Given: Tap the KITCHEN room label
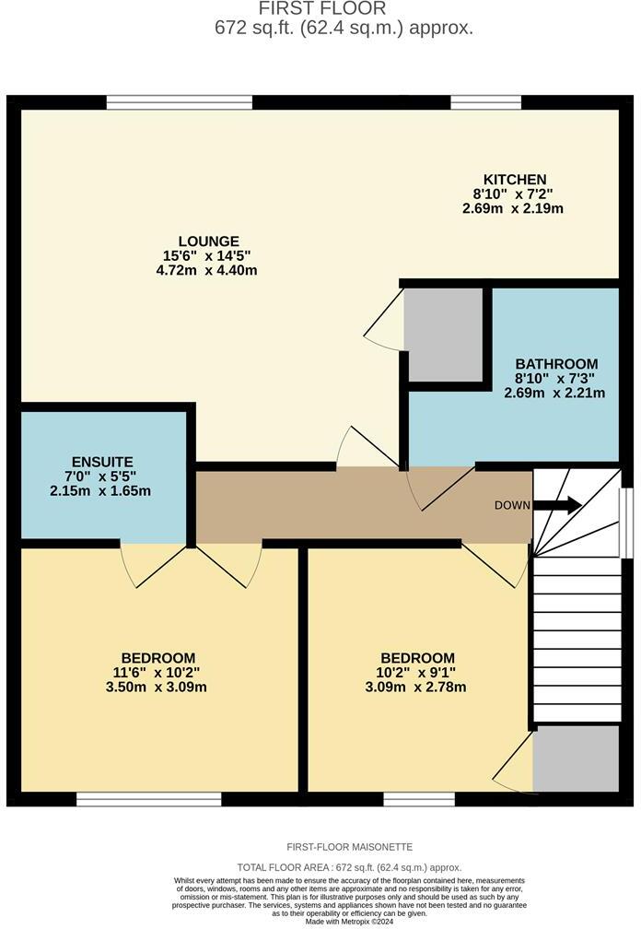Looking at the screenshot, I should (515, 179).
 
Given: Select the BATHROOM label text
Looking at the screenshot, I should (555, 363).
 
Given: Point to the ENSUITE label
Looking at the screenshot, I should (102, 462).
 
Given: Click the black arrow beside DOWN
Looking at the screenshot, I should (557, 505).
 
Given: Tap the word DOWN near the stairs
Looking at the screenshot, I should (512, 505).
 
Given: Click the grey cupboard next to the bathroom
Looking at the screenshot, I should (445, 334).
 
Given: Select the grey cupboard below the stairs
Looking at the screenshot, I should (576, 758).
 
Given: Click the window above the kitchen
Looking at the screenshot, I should (484, 102).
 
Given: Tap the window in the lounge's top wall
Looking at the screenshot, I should (180, 102).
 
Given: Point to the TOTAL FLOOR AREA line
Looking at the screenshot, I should (349, 867).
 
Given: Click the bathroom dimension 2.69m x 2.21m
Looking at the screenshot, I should (554, 393).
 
